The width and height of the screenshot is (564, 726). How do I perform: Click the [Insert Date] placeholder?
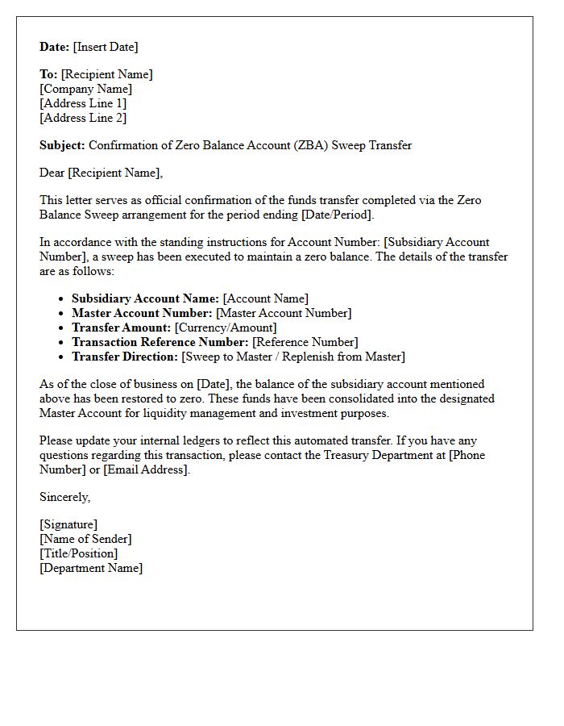coord(106,47)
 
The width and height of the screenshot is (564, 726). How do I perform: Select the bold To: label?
coord(48,74)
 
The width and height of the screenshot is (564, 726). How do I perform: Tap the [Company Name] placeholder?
coord(86,89)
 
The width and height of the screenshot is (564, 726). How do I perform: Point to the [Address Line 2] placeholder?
coord(83,118)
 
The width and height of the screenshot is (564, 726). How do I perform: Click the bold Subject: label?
coord(62,145)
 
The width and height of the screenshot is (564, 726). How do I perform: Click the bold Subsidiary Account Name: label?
coord(145,298)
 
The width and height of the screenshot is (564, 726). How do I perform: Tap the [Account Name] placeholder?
coord(266,298)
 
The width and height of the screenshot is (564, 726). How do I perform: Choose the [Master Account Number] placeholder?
coord(284,313)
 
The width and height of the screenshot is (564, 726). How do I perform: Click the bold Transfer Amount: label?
coord(122,328)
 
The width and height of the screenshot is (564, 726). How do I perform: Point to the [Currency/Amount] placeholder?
coord(226,328)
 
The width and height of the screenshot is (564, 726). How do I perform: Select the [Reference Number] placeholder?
coord(305,342)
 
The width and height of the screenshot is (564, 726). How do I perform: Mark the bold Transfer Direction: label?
coord(125,357)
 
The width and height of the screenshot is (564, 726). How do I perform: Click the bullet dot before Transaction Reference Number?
coord(62,343)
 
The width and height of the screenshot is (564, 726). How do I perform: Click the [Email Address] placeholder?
coord(147,469)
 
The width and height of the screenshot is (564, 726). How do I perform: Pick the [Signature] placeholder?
coord(68,524)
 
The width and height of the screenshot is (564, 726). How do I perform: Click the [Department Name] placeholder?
coord(91,568)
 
